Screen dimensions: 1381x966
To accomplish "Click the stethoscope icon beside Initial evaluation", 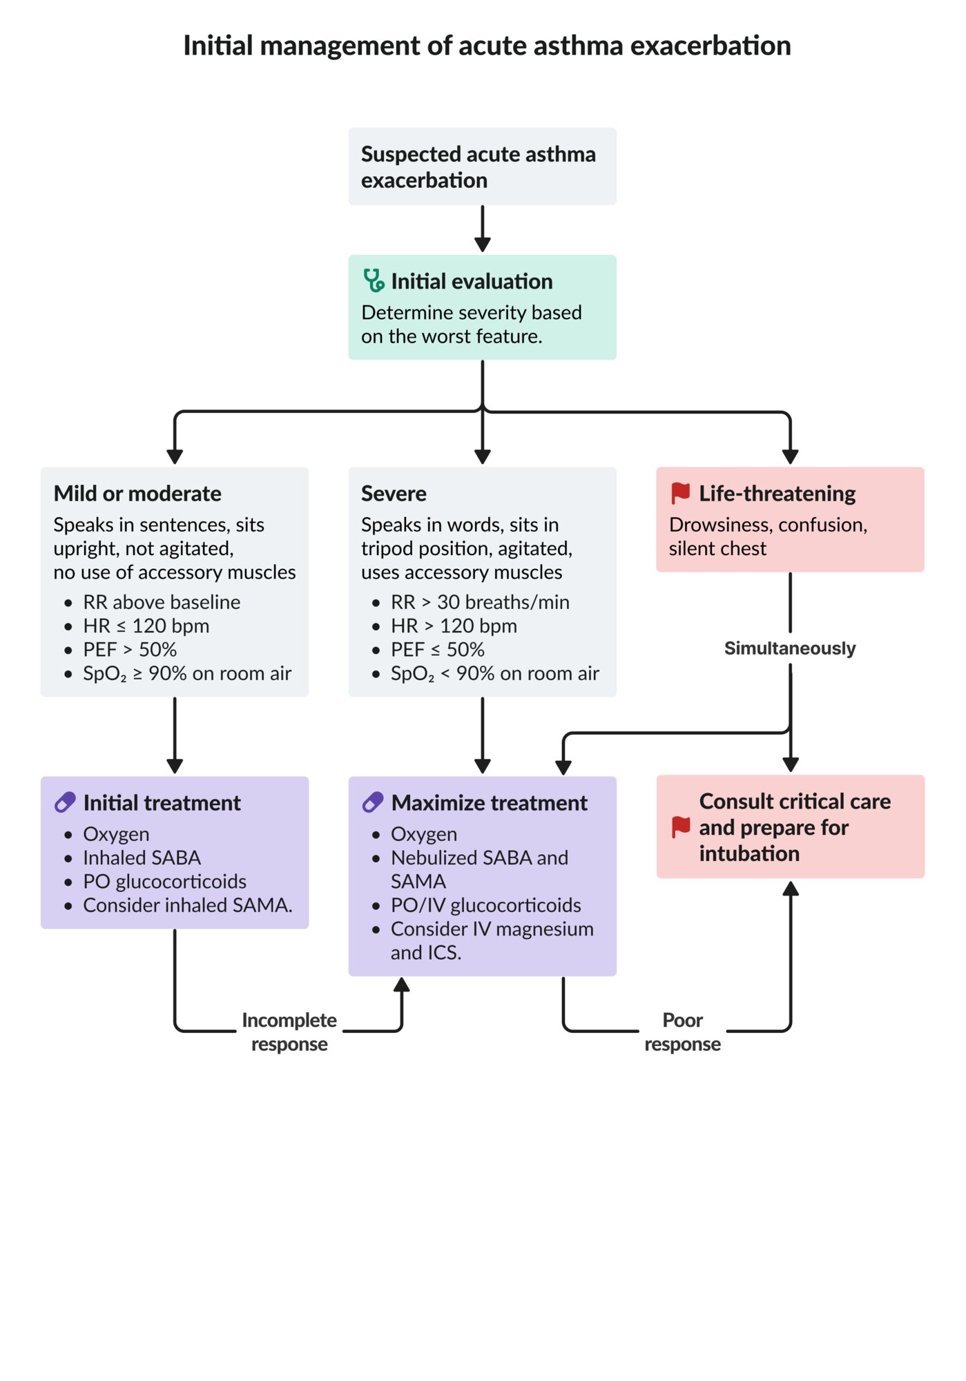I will click(374, 281).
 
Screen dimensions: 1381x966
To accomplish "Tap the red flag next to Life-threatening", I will click(680, 493).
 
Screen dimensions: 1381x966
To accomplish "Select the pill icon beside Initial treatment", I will click(65, 802).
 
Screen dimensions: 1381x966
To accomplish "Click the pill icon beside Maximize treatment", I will click(373, 802).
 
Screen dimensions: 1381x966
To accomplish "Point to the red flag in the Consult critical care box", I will click(681, 827).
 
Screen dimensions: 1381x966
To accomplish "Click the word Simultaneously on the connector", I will click(789, 648).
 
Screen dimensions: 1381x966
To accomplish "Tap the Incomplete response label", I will click(289, 1032).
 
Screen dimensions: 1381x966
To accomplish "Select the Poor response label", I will click(682, 1032).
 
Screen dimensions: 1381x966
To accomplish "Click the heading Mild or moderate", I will click(137, 494).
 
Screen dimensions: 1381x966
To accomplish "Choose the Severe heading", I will click(394, 494).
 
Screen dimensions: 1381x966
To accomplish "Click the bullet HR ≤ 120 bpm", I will click(146, 626).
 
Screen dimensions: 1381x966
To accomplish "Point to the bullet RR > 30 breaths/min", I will click(480, 602).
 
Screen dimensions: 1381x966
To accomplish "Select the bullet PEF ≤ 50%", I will click(437, 650).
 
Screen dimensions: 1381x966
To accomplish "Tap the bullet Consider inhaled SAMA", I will click(187, 905).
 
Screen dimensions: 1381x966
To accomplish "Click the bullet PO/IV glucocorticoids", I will click(485, 905).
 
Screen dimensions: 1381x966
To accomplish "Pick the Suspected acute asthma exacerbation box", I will click(482, 166).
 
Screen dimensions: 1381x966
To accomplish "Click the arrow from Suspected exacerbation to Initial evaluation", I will click(483, 229).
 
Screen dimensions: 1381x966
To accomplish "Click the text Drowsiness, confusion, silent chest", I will click(767, 537).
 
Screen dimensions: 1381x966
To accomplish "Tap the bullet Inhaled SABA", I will click(142, 858).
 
